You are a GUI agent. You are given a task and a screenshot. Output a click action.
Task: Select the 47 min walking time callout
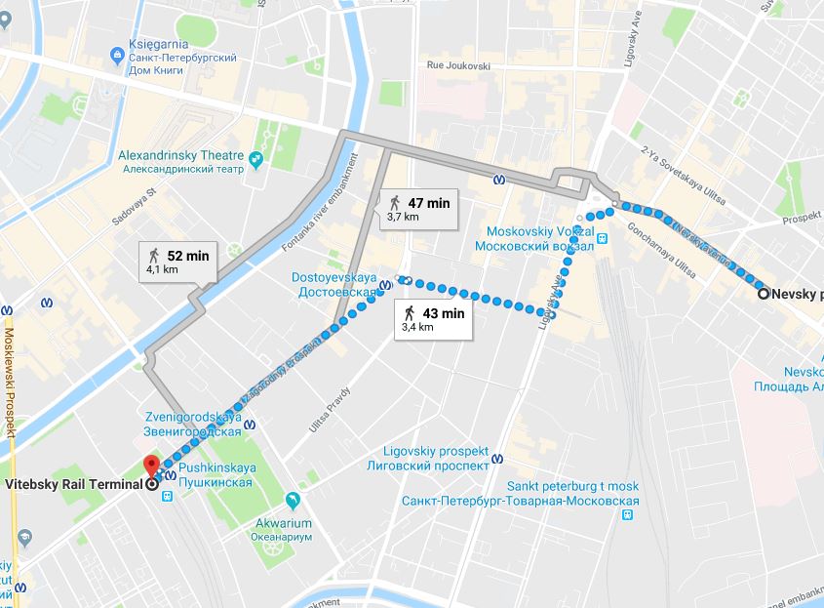pos(416,209)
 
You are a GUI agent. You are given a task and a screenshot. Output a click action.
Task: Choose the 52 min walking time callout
pos(177,262)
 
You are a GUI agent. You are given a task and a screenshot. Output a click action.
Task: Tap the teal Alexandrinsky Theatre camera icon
pos(256,160)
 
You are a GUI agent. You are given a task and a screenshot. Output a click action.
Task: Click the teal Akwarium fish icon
pos(293,501)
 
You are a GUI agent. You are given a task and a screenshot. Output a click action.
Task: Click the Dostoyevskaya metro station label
pos(334,285)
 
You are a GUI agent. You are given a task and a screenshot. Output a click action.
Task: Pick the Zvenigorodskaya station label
pos(191,425)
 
